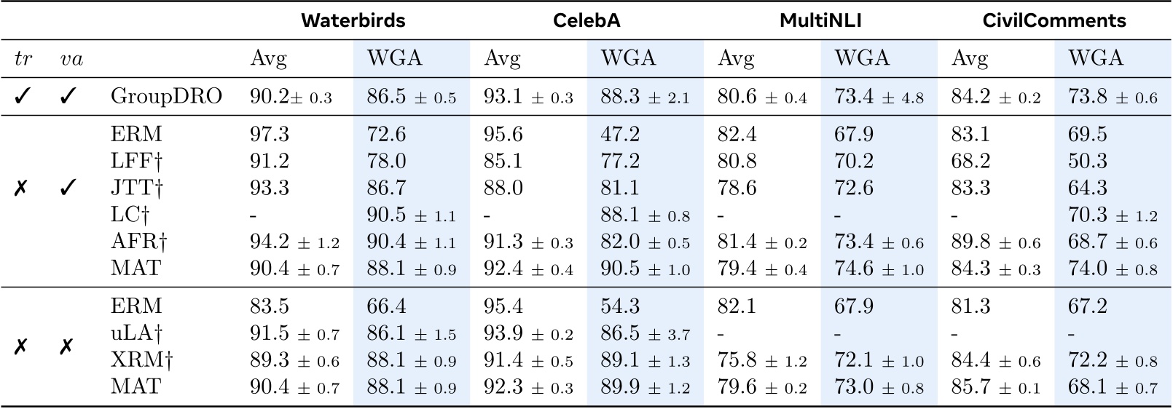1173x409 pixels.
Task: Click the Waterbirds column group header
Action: [x=353, y=20]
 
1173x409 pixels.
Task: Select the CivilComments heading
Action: [x=1054, y=20]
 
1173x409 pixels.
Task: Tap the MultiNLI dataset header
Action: [x=820, y=20]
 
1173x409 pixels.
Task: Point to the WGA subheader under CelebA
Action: [x=628, y=58]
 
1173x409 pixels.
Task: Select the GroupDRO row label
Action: [x=166, y=96]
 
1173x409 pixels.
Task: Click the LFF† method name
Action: [x=136, y=161]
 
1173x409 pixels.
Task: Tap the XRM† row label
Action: [x=143, y=360]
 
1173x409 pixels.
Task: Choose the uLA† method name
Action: [x=137, y=333]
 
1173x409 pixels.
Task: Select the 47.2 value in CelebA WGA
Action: [x=619, y=134]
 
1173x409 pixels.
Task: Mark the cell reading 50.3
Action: [x=1087, y=161]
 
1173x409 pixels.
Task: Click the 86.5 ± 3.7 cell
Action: [x=645, y=333]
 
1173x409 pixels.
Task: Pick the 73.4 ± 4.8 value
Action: [x=879, y=96]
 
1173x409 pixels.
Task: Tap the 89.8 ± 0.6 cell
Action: [x=996, y=242]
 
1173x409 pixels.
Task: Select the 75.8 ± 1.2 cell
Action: [x=762, y=360]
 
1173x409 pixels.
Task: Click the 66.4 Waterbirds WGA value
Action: [x=386, y=306]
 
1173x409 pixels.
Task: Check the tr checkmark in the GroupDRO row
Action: [x=23, y=96]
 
